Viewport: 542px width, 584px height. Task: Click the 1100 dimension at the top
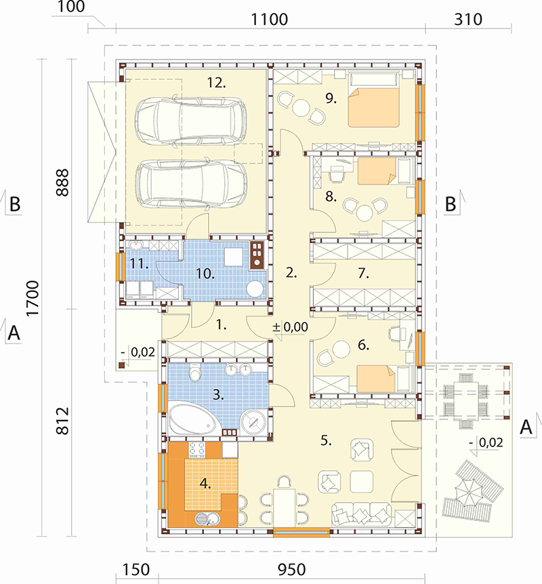(x=270, y=19)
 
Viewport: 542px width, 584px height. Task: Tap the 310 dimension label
(x=468, y=19)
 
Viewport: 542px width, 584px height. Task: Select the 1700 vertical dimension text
(x=33, y=298)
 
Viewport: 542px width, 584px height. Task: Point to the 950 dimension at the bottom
(x=292, y=570)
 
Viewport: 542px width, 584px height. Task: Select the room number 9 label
(x=331, y=98)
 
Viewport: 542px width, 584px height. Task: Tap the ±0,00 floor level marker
(x=291, y=327)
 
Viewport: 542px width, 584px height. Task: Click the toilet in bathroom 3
(x=195, y=372)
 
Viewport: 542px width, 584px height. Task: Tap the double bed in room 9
(x=374, y=100)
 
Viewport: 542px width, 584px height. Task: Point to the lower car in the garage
(x=191, y=184)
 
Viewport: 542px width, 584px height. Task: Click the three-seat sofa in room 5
(x=361, y=514)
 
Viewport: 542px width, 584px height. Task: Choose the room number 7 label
(x=363, y=274)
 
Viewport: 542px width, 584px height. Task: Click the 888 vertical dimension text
(x=62, y=182)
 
